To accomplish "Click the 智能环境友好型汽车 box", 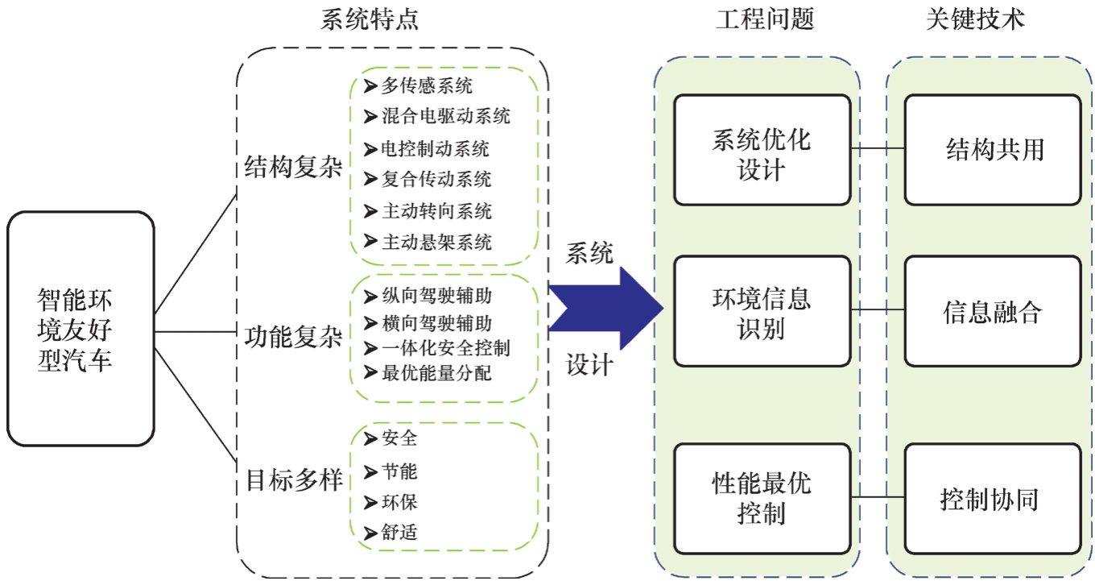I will coord(81,329).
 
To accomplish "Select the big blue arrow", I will coord(608,307).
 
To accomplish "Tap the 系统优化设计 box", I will coord(762,150).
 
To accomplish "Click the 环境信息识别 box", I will coord(762,311).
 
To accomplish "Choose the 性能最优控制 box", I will coord(762,498).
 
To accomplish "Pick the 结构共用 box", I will coord(992,150).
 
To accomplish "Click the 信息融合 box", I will coord(992,311).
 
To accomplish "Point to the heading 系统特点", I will coord(370,20).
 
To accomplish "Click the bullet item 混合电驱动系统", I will coord(445,116).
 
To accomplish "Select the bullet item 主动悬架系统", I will coord(436,241).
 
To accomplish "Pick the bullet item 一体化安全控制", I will coord(445,347).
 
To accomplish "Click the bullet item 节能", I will coord(399,471).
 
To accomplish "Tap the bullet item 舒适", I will coord(399,532).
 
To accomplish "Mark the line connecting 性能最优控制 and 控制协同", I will coord(877,498).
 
